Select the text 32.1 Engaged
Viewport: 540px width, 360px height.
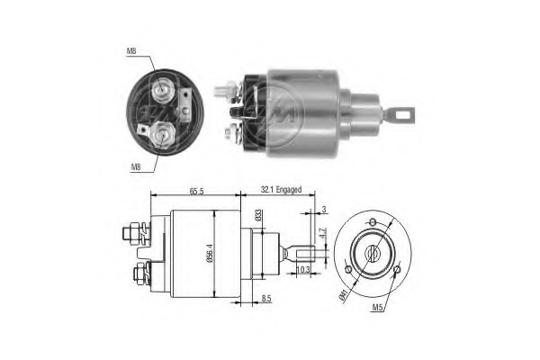(280, 191)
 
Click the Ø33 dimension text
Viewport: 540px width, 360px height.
(259, 215)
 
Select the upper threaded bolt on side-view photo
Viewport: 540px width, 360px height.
(225, 90)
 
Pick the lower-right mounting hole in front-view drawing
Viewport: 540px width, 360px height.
(396, 269)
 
